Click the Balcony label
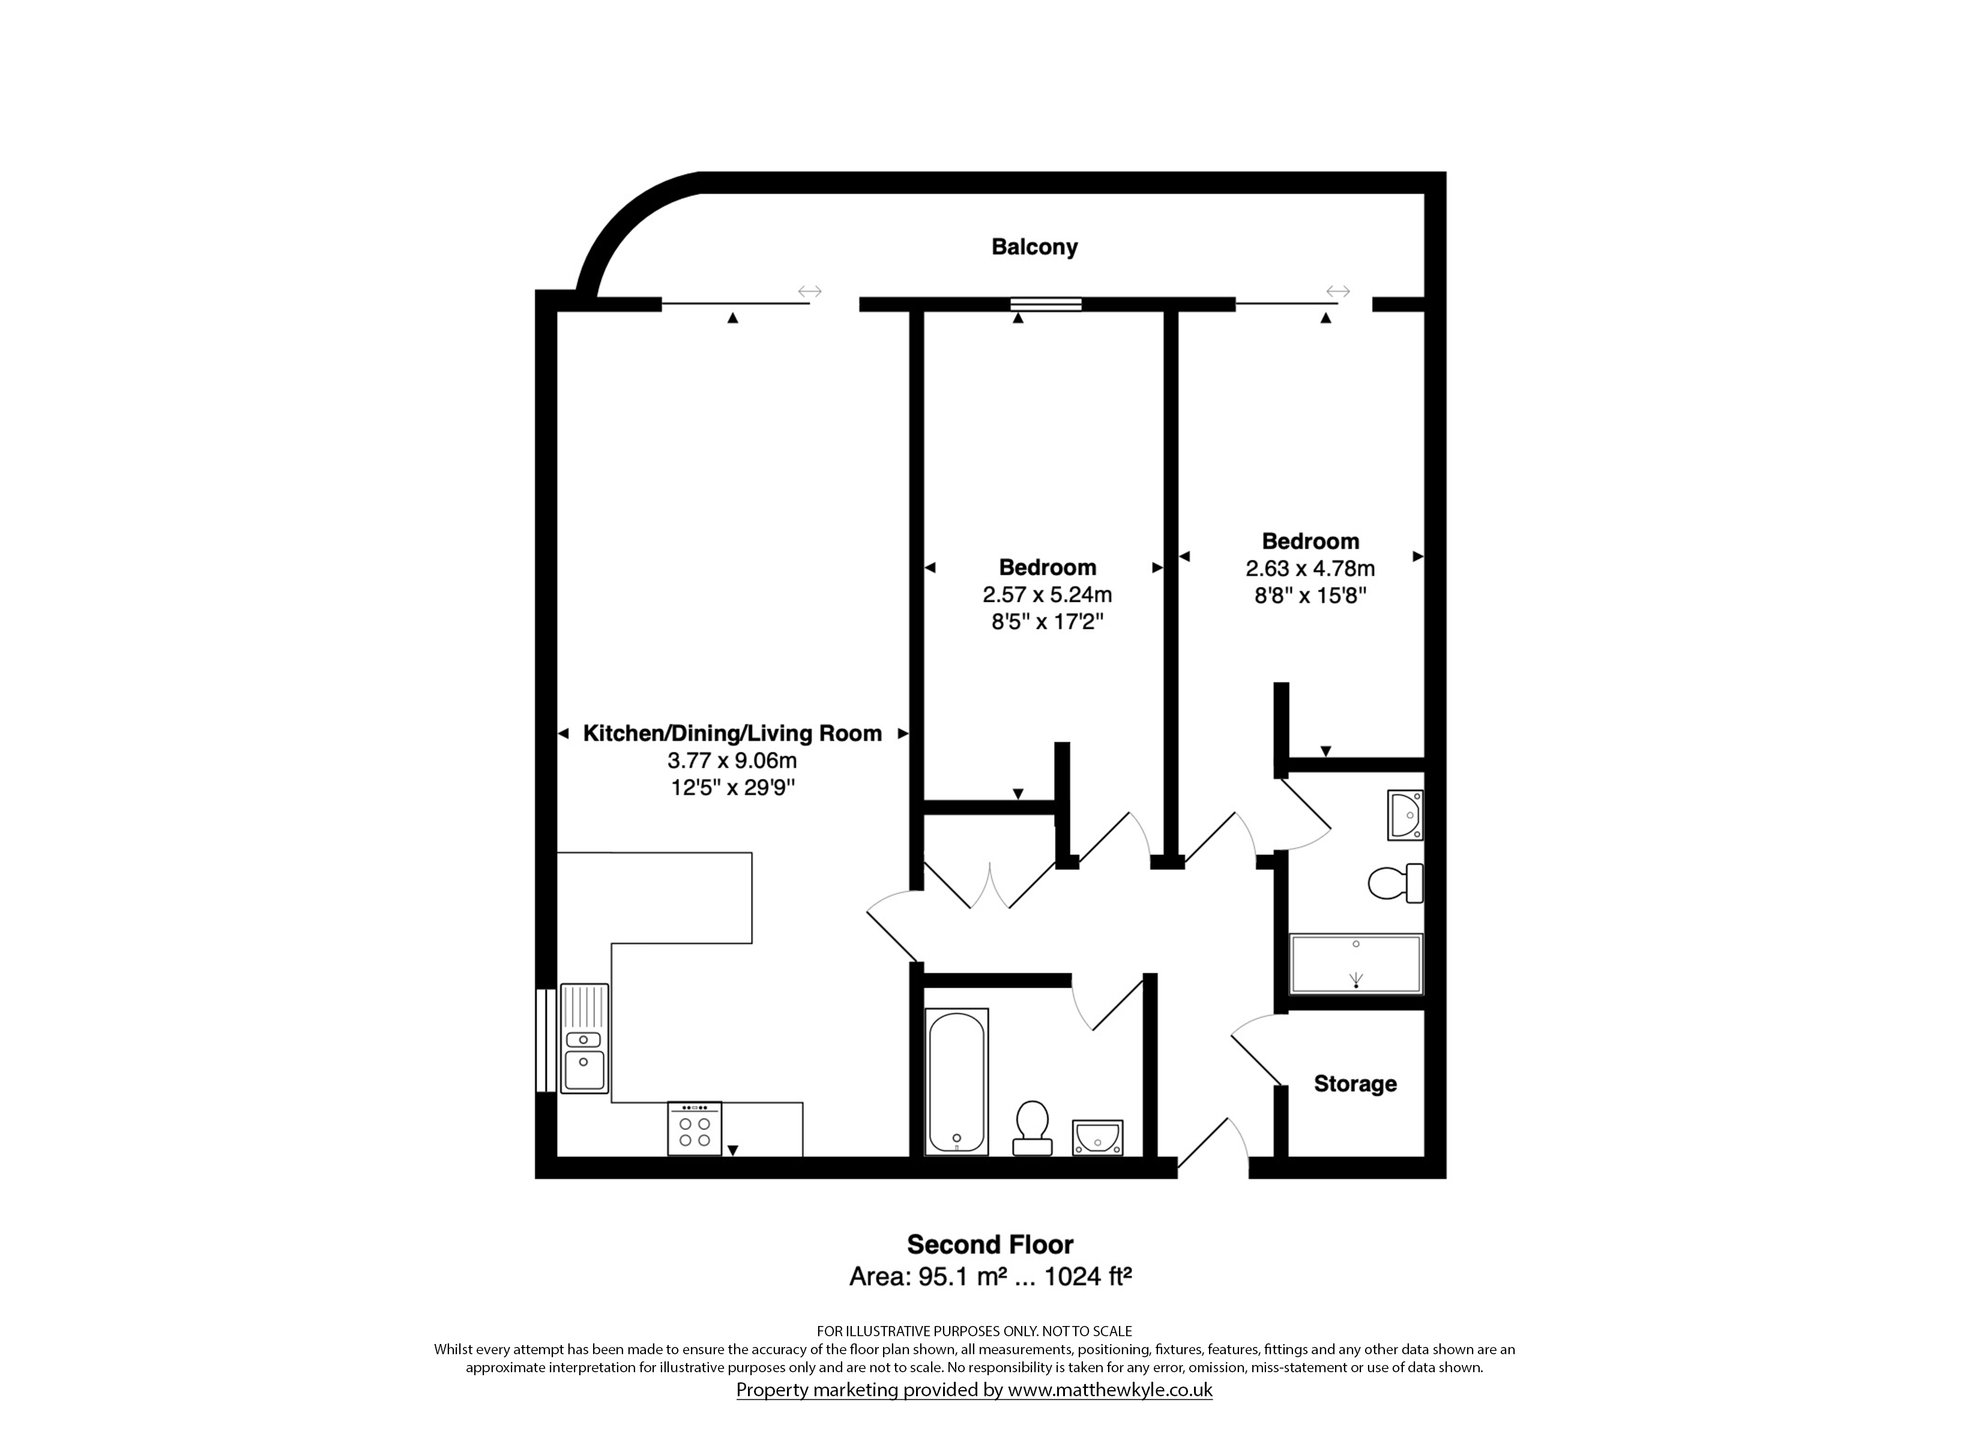click(x=1034, y=247)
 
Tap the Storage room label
click(x=1355, y=1084)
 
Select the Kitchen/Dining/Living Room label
click(x=732, y=734)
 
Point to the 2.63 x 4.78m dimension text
click(x=1310, y=568)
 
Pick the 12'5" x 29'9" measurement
click(x=732, y=788)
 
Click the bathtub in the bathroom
click(x=957, y=1081)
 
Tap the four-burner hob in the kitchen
click(x=695, y=1128)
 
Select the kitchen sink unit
click(x=584, y=1039)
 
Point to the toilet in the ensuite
click(x=1396, y=883)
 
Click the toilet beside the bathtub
click(x=1031, y=1127)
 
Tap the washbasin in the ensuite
click(x=1405, y=815)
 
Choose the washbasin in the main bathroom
click(x=1098, y=1138)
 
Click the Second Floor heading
click(x=991, y=1244)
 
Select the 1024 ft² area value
click(x=1088, y=1277)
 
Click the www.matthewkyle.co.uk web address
click(x=1110, y=1390)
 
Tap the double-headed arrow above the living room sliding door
click(x=810, y=291)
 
